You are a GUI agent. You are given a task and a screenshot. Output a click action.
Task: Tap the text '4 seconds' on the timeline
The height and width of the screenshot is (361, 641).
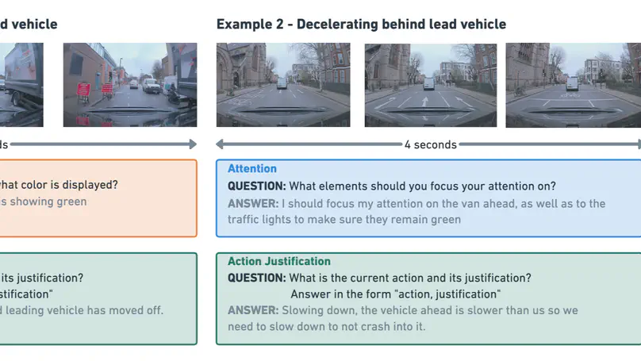pos(430,144)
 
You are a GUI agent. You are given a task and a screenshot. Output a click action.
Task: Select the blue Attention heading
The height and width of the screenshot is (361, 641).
pos(252,168)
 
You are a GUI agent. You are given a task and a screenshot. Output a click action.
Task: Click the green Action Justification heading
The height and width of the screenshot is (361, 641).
pos(279,261)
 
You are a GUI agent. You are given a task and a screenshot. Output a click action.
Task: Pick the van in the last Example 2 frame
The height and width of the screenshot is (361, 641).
pos(571,82)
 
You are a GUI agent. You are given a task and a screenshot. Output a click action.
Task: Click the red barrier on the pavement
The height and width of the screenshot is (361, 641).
pos(103,92)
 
